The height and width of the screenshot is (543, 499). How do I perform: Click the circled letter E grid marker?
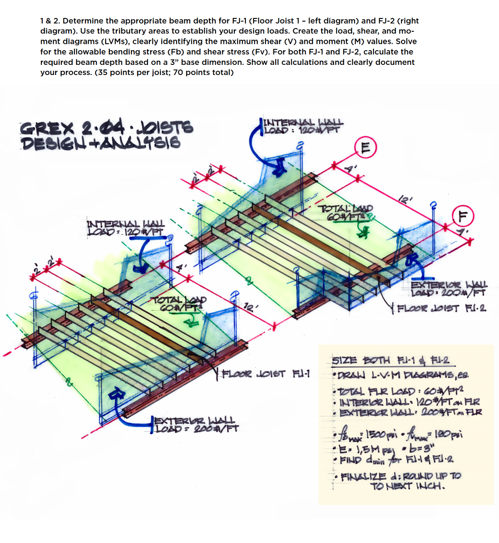tap(365, 147)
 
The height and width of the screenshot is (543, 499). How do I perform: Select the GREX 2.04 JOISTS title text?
tap(107, 127)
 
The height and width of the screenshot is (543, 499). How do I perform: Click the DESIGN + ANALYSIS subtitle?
tap(100, 143)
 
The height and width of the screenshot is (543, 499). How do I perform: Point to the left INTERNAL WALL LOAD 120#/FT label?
tap(125, 227)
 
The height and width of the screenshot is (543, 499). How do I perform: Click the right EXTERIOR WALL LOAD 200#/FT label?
tap(448, 289)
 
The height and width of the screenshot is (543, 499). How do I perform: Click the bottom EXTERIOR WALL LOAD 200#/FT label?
tap(196, 424)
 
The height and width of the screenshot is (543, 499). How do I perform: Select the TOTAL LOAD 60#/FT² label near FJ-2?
tap(348, 212)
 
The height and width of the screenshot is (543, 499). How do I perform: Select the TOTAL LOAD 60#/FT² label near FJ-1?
tap(180, 304)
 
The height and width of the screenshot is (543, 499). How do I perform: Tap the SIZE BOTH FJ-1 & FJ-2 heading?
tap(391, 360)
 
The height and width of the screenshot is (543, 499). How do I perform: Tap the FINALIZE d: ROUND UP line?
tap(400, 480)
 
